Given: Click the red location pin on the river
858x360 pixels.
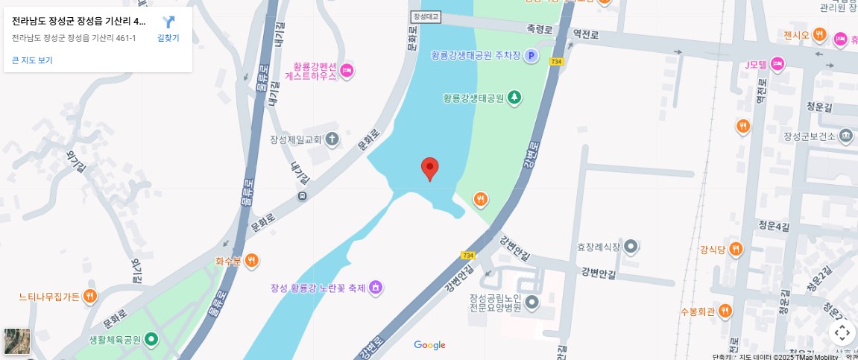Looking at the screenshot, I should (x=429, y=168).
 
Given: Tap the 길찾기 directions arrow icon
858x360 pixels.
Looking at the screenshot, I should (x=168, y=22).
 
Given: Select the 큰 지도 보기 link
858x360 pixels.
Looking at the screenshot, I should (x=32, y=60).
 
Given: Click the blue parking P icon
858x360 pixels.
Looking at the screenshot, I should (x=531, y=55).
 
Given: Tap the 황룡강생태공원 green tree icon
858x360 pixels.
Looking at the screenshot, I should (x=514, y=98).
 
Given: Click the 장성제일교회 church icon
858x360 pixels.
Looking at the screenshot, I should (x=332, y=139).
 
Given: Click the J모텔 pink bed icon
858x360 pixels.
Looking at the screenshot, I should (x=777, y=65).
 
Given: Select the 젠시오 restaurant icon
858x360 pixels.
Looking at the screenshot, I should (x=819, y=35).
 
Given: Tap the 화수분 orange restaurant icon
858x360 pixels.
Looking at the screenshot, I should (x=252, y=261).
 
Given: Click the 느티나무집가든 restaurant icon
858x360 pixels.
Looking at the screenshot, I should (x=90, y=297).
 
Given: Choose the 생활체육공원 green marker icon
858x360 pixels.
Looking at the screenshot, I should (x=151, y=340).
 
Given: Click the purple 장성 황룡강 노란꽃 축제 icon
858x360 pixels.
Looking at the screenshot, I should (x=376, y=288).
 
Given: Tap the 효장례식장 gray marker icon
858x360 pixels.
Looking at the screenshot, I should (x=631, y=246).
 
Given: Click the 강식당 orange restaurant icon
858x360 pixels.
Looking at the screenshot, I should (x=736, y=249).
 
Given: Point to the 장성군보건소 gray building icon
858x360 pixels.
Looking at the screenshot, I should (x=845, y=136).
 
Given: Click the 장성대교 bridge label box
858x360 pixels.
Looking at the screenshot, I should (x=426, y=16).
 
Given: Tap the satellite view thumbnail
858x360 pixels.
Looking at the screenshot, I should (x=17, y=341).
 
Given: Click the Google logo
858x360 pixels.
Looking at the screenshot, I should (x=429, y=345).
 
